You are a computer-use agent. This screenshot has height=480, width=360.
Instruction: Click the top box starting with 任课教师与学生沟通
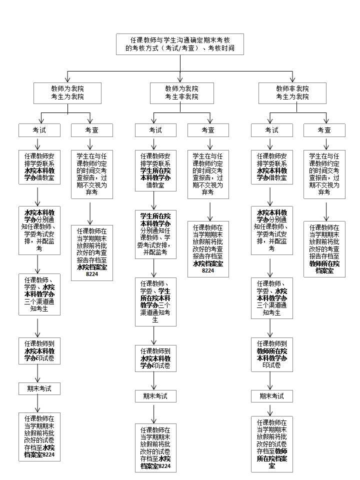(180, 44)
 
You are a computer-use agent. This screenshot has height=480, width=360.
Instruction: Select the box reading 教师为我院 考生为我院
(67, 92)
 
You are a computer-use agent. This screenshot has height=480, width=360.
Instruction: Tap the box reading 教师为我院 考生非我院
(182, 92)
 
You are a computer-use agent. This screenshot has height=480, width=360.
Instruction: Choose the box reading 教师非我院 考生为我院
(292, 92)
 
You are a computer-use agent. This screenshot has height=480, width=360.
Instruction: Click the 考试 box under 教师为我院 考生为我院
(39, 130)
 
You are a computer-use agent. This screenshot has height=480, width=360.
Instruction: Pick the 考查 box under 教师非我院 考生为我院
(324, 130)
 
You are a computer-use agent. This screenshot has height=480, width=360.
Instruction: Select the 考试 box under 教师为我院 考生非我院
(155, 130)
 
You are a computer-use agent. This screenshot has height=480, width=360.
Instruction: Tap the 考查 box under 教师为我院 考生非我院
(208, 130)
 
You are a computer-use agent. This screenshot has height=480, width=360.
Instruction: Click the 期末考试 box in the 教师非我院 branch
(271, 396)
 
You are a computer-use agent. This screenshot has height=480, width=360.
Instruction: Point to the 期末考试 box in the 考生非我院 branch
(155, 396)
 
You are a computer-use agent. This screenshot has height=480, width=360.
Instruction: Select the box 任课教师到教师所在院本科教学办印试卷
(271, 354)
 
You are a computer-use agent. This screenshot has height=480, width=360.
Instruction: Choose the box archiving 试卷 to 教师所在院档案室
(271, 444)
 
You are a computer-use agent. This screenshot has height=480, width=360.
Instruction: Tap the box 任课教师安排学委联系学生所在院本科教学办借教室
(155, 170)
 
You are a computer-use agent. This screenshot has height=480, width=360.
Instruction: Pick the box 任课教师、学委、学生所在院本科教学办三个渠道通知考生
(155, 301)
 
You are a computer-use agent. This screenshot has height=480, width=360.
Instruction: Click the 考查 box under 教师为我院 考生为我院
(92, 130)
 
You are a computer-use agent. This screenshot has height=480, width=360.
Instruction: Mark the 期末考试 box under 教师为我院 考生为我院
(39, 388)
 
